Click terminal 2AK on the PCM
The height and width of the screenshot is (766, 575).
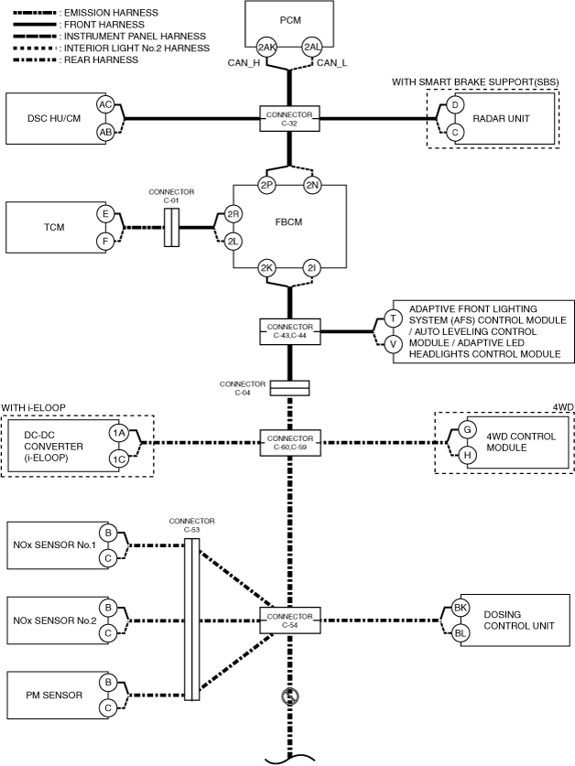click(x=267, y=47)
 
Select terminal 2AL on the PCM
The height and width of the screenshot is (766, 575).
click(x=311, y=47)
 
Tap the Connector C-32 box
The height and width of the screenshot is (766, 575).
click(x=289, y=118)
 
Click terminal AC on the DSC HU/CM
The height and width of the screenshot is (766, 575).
click(x=105, y=104)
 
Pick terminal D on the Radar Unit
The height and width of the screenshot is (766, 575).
click(x=455, y=104)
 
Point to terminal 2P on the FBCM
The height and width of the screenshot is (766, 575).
click(x=267, y=185)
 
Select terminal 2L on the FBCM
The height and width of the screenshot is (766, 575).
click(x=233, y=241)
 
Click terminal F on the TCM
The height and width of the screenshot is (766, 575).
click(x=105, y=242)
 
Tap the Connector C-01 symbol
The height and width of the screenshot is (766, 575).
click(x=171, y=227)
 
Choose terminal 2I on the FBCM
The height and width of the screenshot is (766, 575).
click(x=311, y=268)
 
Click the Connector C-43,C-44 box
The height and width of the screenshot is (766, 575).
click(x=290, y=331)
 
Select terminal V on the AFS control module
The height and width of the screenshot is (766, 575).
click(x=393, y=344)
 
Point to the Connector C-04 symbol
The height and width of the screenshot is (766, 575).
click(x=290, y=388)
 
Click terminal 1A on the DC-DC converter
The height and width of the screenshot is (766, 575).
click(x=118, y=433)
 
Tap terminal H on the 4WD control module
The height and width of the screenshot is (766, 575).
click(x=468, y=456)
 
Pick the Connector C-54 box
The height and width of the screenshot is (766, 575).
click(x=290, y=620)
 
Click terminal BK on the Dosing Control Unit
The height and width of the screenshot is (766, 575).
click(x=461, y=608)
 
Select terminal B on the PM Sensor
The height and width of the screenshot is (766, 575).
click(x=108, y=682)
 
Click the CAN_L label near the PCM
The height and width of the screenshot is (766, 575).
click(x=331, y=63)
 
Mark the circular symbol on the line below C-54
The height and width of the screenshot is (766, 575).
click(x=290, y=696)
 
